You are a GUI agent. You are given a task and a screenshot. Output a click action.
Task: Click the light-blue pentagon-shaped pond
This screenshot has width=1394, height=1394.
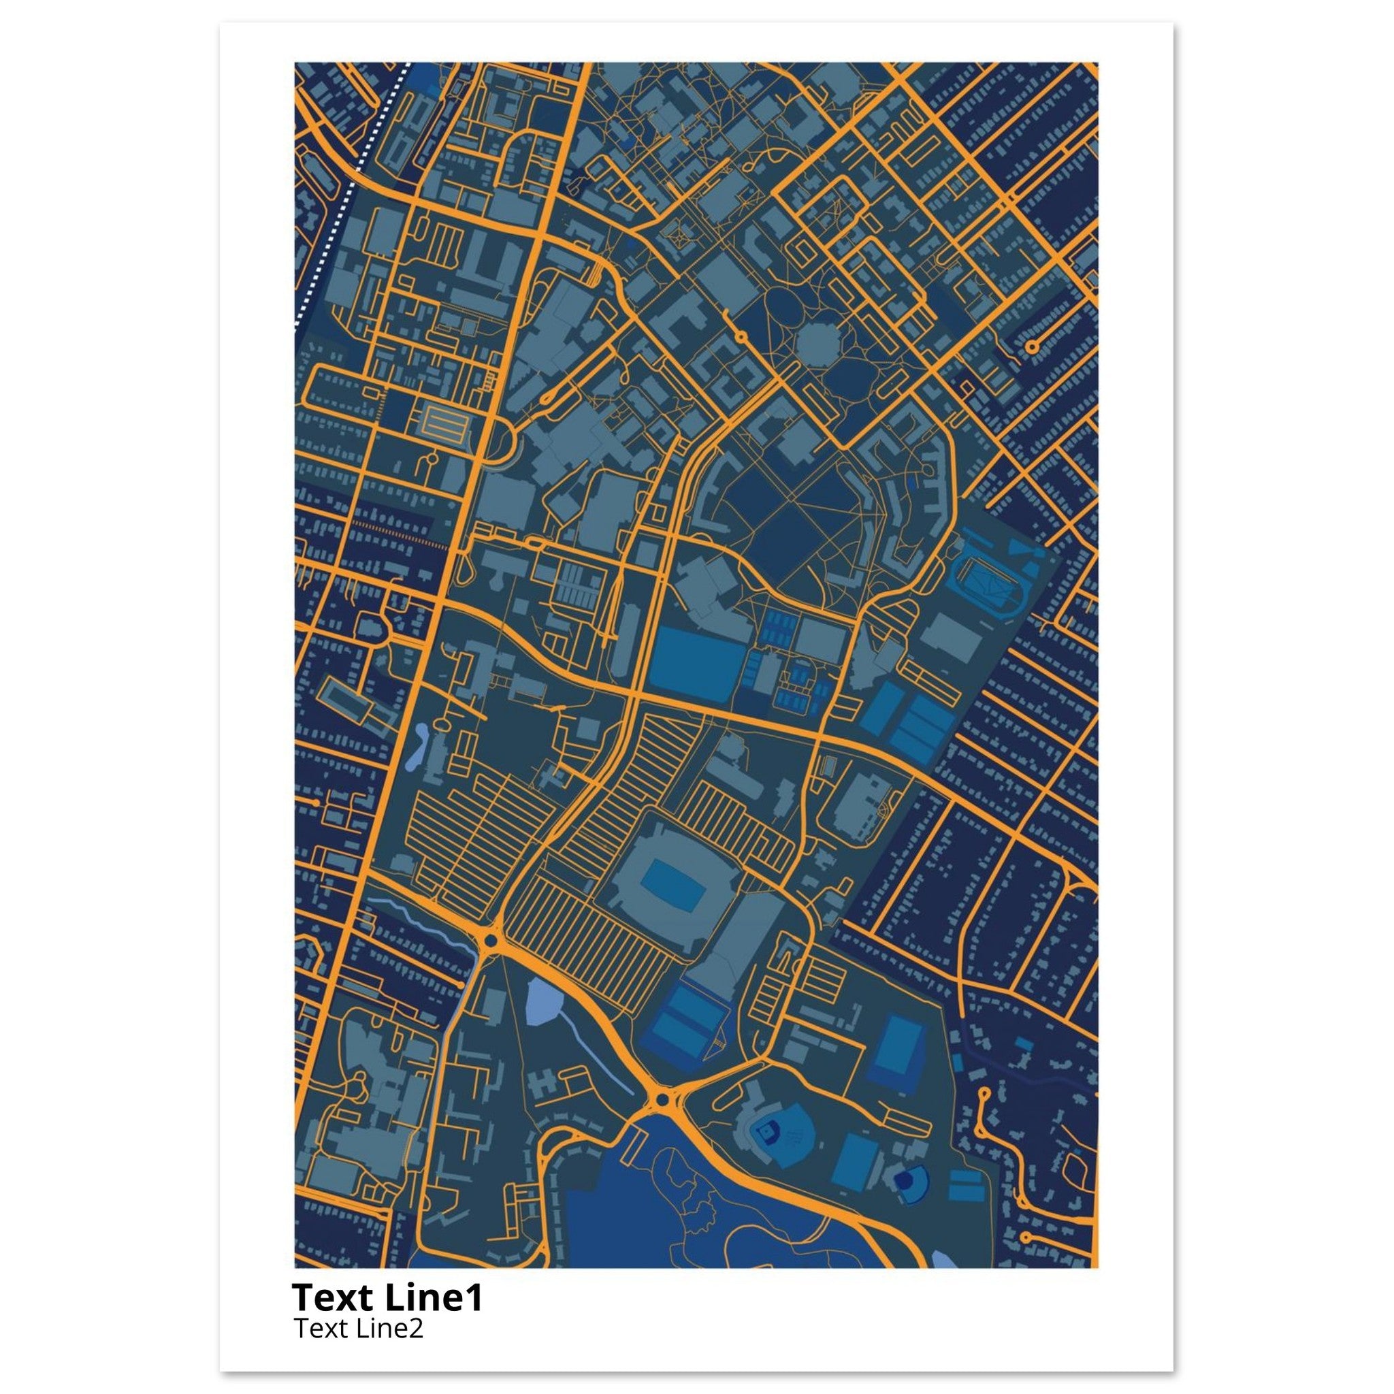coord(542,1001)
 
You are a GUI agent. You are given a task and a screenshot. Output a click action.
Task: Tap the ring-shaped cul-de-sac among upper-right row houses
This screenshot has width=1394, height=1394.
coord(1032,346)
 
